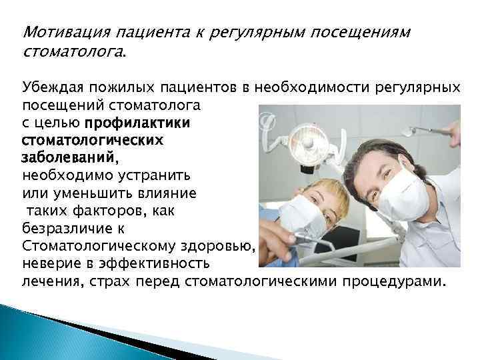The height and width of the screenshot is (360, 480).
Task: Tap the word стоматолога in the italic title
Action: [73, 51]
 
